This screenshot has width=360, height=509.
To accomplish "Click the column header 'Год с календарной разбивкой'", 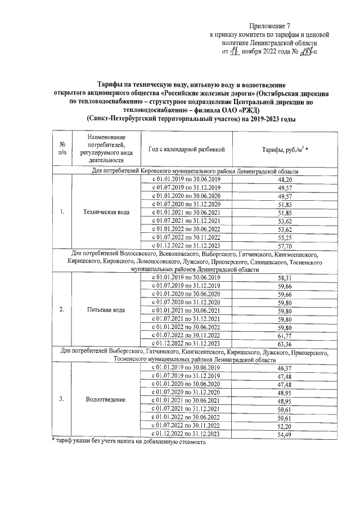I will (186, 150).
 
